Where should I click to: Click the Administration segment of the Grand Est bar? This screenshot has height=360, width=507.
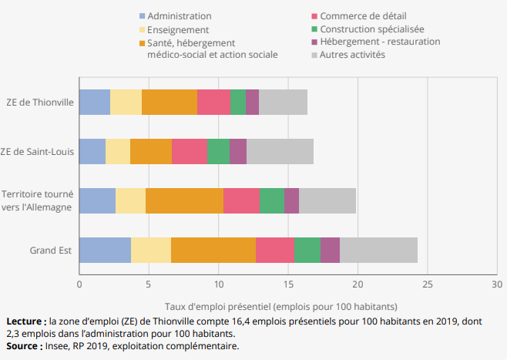(105, 251)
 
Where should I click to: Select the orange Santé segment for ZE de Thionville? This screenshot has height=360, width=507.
(170, 102)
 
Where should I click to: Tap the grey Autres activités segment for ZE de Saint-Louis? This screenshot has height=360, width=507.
(280, 151)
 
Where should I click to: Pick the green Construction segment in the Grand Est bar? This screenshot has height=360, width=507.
(307, 251)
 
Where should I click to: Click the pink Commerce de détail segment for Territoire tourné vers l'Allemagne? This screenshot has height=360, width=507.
(241, 200)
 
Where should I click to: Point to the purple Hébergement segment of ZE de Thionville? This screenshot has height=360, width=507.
(252, 102)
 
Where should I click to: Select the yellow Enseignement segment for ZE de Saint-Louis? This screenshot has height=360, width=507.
(118, 151)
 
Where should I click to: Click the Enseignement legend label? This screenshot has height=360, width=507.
(178, 29)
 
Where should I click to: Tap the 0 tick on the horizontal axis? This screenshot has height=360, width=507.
(79, 284)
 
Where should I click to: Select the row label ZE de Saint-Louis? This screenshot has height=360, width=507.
(39, 151)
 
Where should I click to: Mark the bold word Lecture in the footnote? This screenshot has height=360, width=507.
(24, 321)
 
